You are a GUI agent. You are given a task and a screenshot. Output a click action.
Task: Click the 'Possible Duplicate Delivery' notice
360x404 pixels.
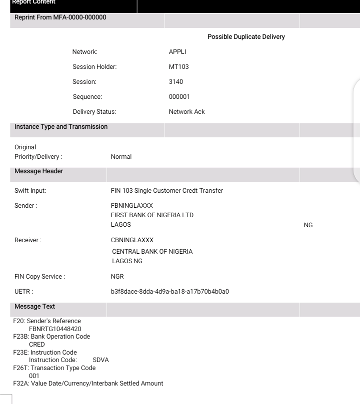coord(246,37)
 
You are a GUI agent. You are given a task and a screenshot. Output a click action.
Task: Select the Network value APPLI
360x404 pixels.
coord(177,52)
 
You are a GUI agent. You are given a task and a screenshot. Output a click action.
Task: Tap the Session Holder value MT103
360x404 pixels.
coord(178,67)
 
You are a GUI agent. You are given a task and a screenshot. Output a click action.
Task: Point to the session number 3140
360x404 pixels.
coord(176,82)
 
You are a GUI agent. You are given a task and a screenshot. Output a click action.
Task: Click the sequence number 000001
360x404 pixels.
coord(179,97)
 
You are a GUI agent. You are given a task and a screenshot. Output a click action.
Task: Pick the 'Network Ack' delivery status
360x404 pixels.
coord(186,112)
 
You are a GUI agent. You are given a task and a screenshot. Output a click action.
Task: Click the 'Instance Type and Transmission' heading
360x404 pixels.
coord(61,127)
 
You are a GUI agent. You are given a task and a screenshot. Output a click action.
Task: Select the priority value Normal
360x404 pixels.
coord(121,157)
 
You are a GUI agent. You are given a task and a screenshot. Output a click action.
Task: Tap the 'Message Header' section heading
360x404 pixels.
coord(39,171)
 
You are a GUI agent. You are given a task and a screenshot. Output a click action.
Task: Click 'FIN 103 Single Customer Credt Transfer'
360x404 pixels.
coord(166,191)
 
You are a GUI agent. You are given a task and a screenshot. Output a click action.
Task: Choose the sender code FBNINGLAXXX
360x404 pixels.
coord(131,206)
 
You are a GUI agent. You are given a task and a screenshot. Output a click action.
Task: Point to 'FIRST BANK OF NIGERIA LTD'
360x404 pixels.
coord(152,215)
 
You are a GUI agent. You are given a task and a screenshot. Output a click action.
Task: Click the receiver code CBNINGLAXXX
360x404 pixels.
coord(132,240)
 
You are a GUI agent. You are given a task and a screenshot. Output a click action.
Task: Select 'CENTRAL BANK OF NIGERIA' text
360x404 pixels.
coord(152,252)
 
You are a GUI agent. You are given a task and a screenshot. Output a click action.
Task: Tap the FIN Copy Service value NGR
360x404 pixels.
coord(117,277)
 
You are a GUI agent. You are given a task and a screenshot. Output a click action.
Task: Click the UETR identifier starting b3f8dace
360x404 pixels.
coord(169,292)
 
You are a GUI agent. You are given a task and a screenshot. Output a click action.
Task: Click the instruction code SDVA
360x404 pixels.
coord(100,360)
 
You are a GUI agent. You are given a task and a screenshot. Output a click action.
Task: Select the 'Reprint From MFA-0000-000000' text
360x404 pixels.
coord(60,18)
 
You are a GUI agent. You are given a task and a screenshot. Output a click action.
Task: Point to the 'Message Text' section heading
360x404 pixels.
coord(35,307)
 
